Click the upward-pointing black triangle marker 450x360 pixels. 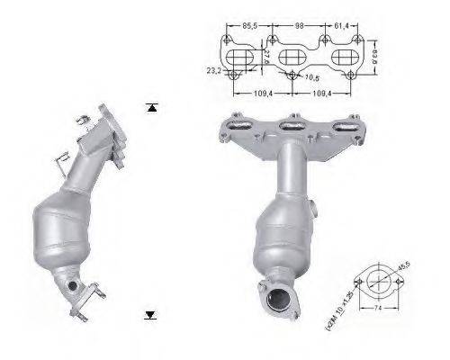(x=151, y=108)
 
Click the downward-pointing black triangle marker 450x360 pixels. (x=151, y=315)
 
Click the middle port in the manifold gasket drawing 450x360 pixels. (x=291, y=58)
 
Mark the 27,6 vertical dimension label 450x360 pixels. (x=267, y=58)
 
